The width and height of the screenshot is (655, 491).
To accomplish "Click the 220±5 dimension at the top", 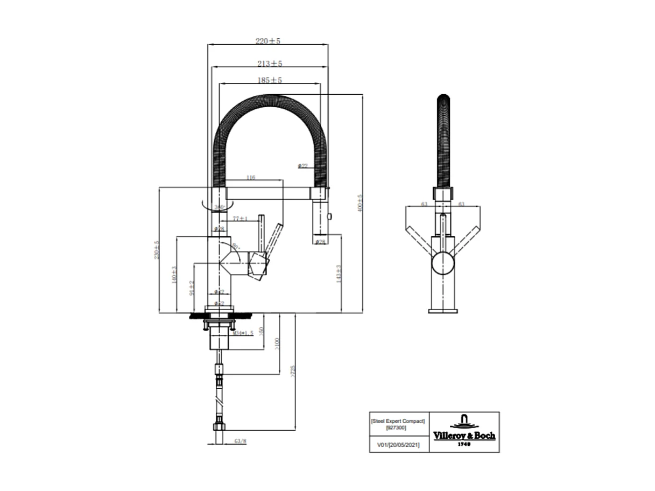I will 268,41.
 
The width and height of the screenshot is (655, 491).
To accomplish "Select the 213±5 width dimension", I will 270,64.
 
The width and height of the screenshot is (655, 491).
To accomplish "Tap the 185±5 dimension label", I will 270,80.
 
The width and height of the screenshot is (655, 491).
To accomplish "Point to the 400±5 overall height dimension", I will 360,204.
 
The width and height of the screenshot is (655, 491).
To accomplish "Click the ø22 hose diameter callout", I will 303,166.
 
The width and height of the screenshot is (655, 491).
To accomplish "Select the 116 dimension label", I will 250,177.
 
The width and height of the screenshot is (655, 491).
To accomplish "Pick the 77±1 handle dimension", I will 240,219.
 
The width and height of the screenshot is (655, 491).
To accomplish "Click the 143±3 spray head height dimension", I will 339,273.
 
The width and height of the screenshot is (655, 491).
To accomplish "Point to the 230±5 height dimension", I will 157,250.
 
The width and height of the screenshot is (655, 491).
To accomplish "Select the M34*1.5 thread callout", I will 243,333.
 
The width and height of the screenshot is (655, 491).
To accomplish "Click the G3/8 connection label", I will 240,441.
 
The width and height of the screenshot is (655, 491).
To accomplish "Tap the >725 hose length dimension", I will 293,371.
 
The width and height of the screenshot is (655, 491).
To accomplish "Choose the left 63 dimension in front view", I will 424,204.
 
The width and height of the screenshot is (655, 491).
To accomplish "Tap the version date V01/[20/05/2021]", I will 398,445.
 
